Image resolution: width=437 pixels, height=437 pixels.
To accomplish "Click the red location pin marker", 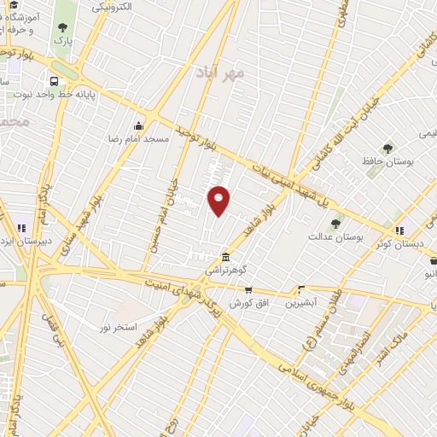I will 219,200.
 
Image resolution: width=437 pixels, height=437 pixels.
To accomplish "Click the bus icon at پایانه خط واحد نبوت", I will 54,81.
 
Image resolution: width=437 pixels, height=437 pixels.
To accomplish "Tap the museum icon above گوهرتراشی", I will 224,258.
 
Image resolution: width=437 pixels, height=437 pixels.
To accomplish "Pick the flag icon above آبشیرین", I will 300,290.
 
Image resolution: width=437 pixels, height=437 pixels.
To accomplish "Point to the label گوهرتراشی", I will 224,270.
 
